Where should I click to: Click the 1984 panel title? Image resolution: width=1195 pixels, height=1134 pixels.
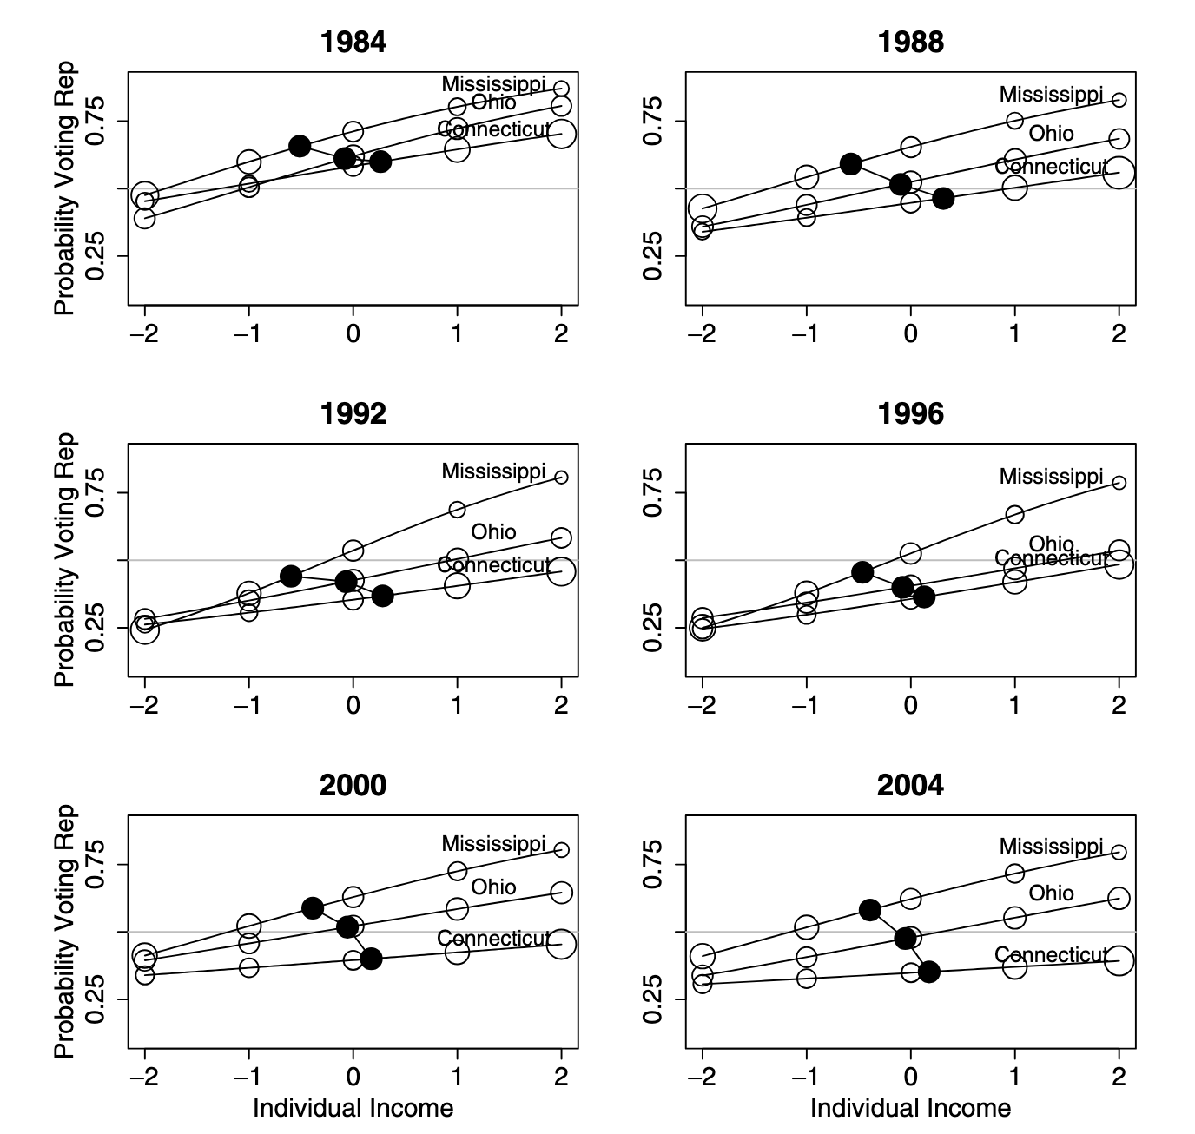tap(353, 42)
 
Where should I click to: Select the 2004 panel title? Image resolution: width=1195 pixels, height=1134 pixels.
tap(910, 785)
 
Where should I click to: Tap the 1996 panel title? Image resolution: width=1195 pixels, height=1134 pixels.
tap(910, 413)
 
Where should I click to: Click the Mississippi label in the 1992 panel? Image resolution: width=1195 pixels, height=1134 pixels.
tap(493, 471)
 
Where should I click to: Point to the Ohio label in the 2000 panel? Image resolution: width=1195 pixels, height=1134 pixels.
tap(493, 887)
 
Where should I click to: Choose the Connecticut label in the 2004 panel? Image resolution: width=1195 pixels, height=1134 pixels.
tap(1051, 955)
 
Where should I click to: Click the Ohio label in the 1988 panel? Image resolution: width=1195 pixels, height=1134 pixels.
tap(1051, 134)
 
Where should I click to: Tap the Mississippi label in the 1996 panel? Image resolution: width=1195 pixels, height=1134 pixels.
tap(1051, 476)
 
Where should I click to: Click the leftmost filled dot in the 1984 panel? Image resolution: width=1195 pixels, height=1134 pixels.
tap(300, 146)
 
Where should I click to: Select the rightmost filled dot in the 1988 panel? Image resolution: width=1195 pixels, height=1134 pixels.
tap(944, 198)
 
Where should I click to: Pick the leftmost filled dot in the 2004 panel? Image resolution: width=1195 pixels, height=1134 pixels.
tap(869, 909)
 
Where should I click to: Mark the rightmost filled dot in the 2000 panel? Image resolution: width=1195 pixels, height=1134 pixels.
tap(372, 959)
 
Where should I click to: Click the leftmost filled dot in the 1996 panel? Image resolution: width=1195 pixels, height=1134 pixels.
tap(862, 571)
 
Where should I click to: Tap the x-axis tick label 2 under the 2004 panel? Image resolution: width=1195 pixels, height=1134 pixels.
tap(1119, 1078)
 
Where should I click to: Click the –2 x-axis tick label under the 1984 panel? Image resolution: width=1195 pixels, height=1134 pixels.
tap(144, 334)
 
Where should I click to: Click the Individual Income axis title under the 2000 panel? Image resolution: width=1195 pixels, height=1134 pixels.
tap(353, 1108)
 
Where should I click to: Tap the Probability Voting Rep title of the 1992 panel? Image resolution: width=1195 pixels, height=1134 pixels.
tap(65, 560)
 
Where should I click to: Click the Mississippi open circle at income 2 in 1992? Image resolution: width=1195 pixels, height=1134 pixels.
tap(561, 478)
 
